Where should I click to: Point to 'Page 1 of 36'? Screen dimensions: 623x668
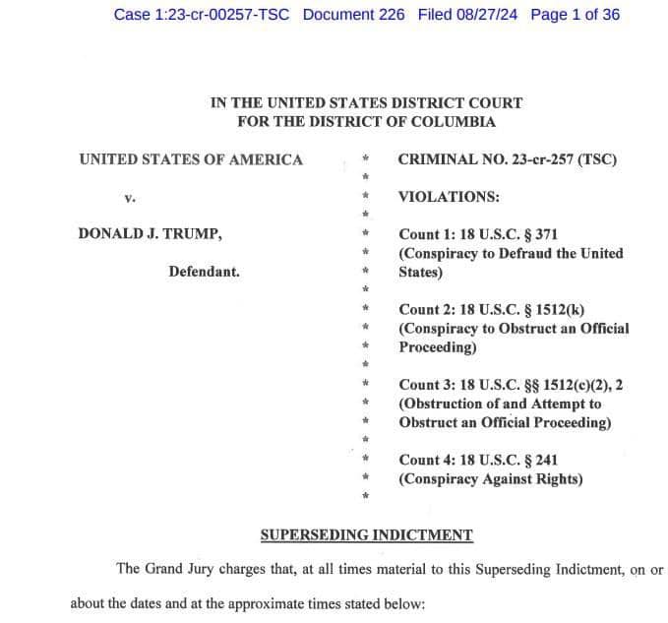(x=575, y=15)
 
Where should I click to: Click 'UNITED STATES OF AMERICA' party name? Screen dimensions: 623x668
(x=191, y=159)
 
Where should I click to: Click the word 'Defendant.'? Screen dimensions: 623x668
(x=204, y=272)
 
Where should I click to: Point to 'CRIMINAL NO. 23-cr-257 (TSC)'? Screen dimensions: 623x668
(x=507, y=159)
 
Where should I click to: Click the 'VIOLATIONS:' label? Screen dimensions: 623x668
(x=448, y=197)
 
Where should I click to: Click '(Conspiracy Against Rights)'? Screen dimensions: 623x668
(x=490, y=479)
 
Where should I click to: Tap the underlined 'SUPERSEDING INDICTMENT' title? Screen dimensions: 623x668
(x=366, y=535)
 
